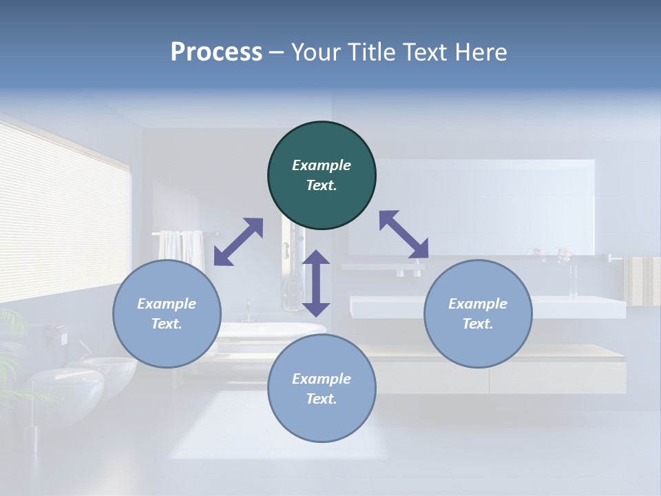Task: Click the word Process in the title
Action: click(x=216, y=52)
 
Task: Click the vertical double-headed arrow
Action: click(x=316, y=282)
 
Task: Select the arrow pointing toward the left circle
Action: click(x=238, y=242)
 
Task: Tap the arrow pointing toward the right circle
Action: click(x=403, y=234)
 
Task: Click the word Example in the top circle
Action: click(x=322, y=165)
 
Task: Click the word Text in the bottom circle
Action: click(x=322, y=399)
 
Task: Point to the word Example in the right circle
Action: click(x=478, y=304)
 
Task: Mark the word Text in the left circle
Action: click(x=167, y=324)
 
